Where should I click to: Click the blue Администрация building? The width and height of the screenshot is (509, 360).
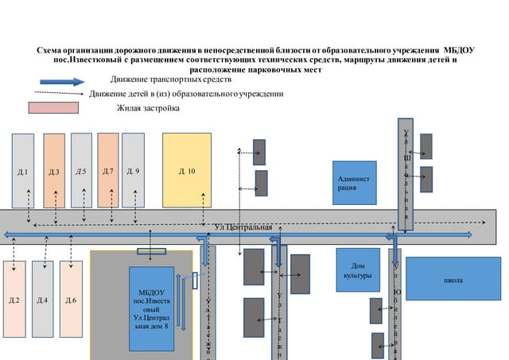click(x=354, y=183)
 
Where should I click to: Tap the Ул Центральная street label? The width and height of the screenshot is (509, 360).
click(x=243, y=227)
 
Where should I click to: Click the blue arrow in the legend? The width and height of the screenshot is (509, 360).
click(x=62, y=81)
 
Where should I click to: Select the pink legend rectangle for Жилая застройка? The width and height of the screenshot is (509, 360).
click(x=53, y=107)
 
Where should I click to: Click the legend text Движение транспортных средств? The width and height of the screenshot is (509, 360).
click(x=171, y=80)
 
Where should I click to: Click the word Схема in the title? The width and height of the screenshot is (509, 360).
click(x=52, y=49)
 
